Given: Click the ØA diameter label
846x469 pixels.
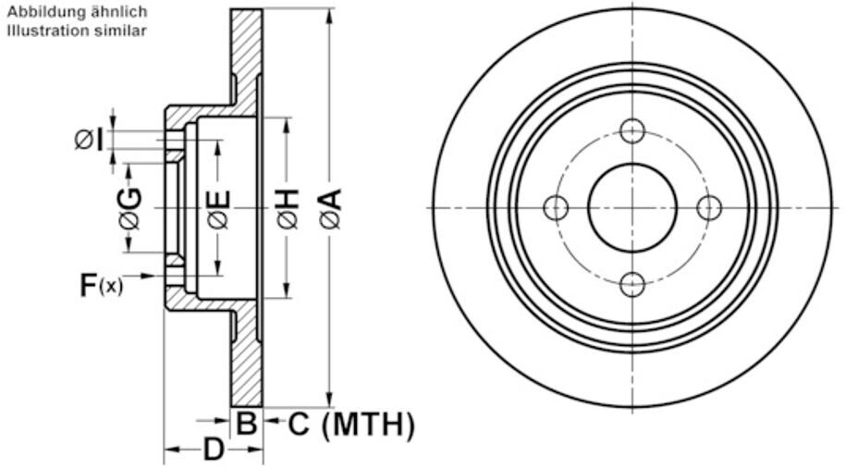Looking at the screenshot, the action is pos(331,208).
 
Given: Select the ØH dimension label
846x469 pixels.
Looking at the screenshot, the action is pos(288,208).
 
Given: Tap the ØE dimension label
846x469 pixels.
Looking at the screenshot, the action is pos(219,209).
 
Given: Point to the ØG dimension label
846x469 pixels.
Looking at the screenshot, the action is pos(131,208).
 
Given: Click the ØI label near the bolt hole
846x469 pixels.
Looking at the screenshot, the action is pos(89,140).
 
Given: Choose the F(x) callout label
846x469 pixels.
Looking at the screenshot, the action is pos(102,285).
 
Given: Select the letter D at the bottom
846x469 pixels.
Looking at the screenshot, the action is pos(214,449).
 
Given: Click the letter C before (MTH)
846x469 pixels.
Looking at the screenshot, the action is pos(299,424).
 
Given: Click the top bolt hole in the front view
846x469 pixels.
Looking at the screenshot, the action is pos(632,130).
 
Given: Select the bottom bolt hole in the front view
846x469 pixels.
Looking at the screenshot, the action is pos(632,284).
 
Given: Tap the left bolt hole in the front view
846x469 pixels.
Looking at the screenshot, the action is pos(556,208).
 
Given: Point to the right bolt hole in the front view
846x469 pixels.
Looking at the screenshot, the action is pos(709,208).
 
